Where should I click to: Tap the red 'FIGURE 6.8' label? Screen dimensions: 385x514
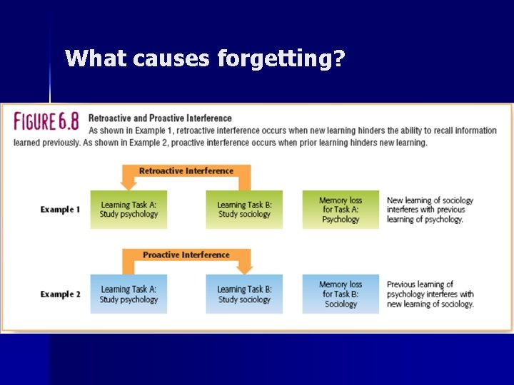tap(46, 122)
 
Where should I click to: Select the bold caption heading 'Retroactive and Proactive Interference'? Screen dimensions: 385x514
tap(160, 118)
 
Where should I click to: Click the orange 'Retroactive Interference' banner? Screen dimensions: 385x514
tap(186, 171)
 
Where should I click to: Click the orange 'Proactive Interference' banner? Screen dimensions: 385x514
tap(186, 255)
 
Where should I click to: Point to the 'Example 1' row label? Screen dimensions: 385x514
tap(61, 210)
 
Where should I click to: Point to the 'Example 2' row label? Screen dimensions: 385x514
tap(61, 294)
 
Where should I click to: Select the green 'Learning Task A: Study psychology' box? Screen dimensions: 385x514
tap(128, 210)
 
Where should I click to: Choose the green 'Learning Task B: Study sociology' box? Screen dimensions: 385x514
tap(244, 210)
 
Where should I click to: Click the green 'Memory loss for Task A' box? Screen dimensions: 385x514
tap(341, 210)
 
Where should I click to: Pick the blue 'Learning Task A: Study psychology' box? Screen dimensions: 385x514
tap(128, 294)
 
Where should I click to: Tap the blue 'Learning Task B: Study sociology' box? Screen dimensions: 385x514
tap(244, 294)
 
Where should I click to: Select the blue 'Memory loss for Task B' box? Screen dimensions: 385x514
tap(341, 294)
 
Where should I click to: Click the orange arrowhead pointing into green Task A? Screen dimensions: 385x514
tap(128, 185)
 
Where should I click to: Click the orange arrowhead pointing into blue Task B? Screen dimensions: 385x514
tap(244, 269)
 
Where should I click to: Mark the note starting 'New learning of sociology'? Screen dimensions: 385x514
tap(430, 210)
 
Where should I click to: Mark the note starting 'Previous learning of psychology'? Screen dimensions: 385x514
tap(430, 294)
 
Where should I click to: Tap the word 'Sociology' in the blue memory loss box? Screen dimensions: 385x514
tap(341, 304)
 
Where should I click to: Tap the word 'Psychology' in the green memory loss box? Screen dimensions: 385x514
tap(341, 220)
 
